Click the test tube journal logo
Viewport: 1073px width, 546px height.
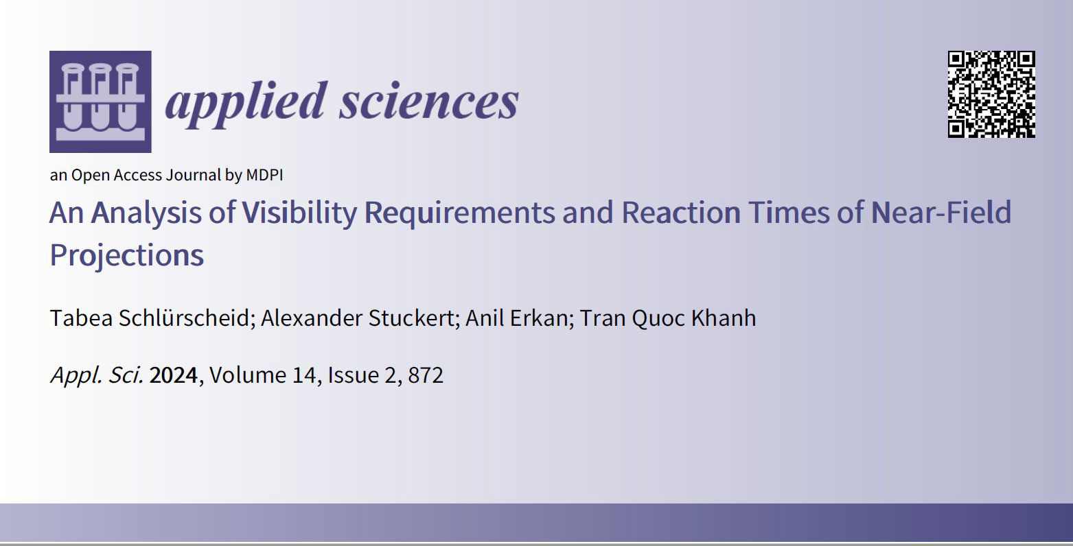click(x=101, y=102)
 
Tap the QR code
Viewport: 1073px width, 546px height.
click(x=991, y=94)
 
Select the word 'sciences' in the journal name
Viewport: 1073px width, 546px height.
click(x=429, y=102)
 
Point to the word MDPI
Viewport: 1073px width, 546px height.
click(x=264, y=175)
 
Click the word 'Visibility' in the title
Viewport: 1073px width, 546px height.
click(x=299, y=213)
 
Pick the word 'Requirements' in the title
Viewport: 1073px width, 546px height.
click(x=459, y=213)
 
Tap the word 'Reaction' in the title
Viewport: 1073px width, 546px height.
click(x=681, y=212)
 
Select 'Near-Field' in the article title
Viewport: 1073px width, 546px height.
click(x=941, y=212)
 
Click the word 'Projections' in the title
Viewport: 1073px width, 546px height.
click(x=127, y=256)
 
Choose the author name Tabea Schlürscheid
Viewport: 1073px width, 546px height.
click(x=150, y=318)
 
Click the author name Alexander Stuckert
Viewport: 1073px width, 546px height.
click(x=358, y=318)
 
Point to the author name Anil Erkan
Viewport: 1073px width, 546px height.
click(x=516, y=318)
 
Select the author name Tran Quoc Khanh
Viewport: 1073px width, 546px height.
click(x=668, y=319)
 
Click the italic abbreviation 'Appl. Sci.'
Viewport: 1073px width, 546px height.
click(x=97, y=376)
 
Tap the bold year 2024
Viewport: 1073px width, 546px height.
click(x=174, y=375)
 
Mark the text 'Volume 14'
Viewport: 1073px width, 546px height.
click(x=262, y=375)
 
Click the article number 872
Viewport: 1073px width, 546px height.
click(x=426, y=375)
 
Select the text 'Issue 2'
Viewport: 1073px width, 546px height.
click(x=362, y=375)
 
